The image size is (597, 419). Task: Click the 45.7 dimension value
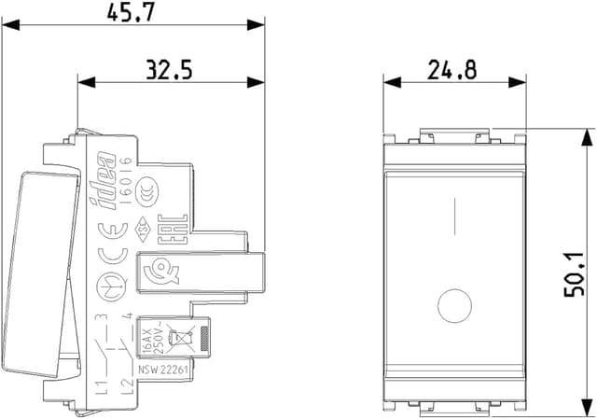pyautogui.click(x=133, y=14)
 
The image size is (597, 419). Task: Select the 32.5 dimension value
pyautogui.click(x=170, y=69)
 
